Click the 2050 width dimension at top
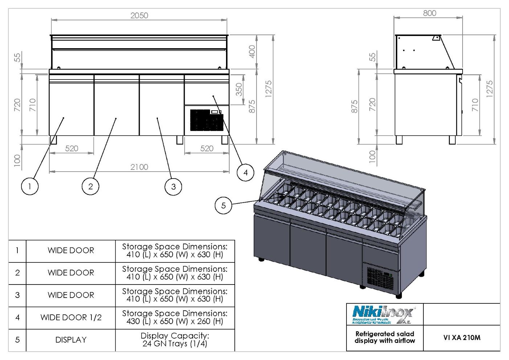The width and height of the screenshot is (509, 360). coord(139,16)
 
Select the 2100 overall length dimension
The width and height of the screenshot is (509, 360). coord(139,167)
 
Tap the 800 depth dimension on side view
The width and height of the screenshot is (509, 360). coord(430,13)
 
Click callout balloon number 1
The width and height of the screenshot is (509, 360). coord(30,187)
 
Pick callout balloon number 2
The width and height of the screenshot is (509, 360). coord(90,187)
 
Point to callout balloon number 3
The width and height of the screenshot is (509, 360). coord(173,187)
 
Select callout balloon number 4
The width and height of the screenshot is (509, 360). coord(245,172)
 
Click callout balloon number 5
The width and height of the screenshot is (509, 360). coord(223,205)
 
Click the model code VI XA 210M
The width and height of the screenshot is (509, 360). coord(461,338)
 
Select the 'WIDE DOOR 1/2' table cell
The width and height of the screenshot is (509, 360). coord(71,318)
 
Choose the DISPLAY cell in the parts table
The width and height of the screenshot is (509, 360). coord(71,340)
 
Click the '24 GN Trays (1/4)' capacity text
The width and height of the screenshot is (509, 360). coord(175,344)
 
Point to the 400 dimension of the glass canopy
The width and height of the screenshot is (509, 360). coord(252,51)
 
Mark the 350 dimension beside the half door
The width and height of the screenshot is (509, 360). coord(239,89)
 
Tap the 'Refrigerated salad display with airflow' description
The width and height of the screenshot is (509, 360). coord(385,337)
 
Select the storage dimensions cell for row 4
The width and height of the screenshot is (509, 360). coord(175,318)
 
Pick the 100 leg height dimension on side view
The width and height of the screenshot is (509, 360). coord(372,156)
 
